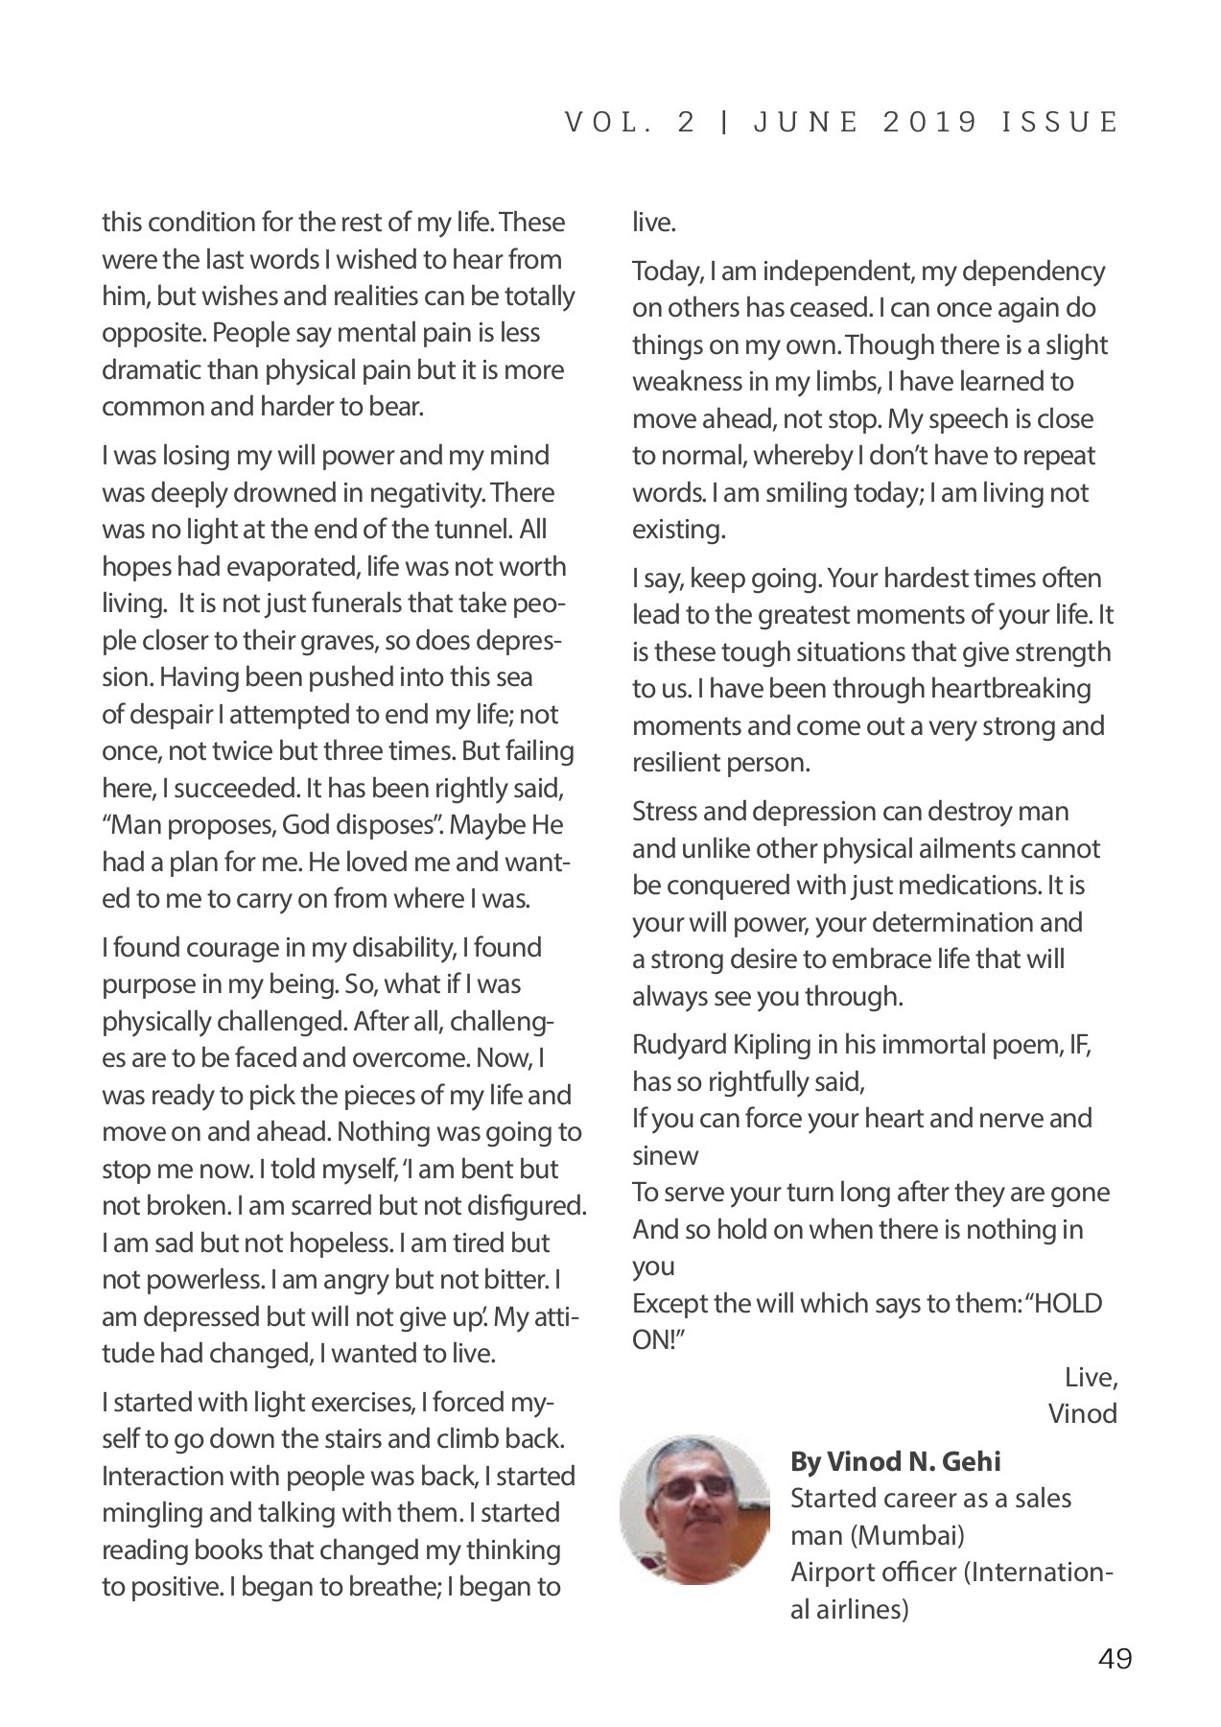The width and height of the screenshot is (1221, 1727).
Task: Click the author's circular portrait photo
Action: (694, 1509)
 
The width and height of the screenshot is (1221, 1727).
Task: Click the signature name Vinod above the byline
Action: (1082, 1413)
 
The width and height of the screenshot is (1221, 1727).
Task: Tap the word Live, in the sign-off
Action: (1091, 1377)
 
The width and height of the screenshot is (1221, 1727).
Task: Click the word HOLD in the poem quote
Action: (1066, 1303)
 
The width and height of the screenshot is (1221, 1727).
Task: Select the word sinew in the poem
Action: (665, 1155)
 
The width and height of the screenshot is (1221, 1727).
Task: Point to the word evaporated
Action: (291, 566)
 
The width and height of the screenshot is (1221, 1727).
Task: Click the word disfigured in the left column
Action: (528, 1205)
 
